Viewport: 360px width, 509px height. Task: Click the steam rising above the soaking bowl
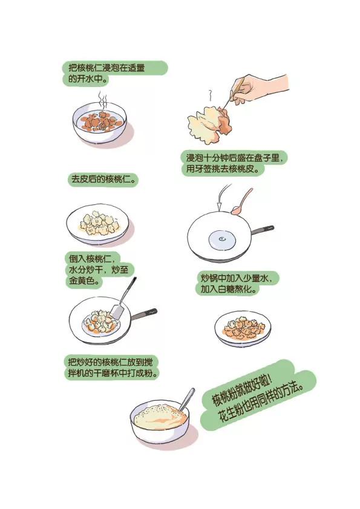tap(103, 100)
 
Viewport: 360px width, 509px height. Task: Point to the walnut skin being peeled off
tap(225, 123)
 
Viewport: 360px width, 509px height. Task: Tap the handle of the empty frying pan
tap(263, 230)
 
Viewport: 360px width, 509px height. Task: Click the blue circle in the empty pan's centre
tap(222, 240)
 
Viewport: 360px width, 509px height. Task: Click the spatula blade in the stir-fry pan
tap(117, 311)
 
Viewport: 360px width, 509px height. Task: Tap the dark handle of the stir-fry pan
tap(144, 314)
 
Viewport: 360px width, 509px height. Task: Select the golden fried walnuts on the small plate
tap(243, 328)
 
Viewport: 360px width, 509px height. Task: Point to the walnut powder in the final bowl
tap(159, 417)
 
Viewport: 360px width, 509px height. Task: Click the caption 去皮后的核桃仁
tap(103, 180)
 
